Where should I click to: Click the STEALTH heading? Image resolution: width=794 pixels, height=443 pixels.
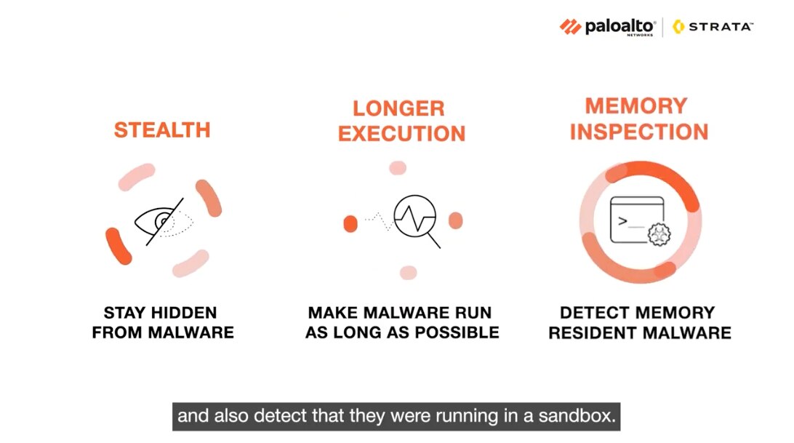[162, 130]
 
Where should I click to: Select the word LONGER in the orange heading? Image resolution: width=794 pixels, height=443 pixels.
[399, 108]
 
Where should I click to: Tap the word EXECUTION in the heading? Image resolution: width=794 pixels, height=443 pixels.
[401, 134]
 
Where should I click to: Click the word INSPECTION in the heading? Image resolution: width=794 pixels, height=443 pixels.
[639, 132]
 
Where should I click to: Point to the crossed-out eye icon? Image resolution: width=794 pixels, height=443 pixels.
[164, 221]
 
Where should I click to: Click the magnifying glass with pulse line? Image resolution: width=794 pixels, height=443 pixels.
[417, 220]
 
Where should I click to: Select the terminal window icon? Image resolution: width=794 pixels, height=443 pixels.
[637, 220]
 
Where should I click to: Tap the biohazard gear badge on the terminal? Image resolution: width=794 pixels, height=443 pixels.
[659, 234]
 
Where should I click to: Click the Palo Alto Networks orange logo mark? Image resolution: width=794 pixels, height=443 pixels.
[570, 27]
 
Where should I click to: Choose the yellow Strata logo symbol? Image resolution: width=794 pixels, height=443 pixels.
[678, 27]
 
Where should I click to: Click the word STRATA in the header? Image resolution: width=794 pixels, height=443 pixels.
[721, 27]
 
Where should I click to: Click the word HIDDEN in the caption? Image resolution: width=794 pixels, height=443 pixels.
[185, 313]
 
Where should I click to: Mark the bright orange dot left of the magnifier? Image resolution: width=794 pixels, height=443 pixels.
[350, 223]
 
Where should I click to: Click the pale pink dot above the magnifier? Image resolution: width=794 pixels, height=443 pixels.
[398, 168]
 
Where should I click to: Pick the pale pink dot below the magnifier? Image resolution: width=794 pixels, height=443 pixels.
[408, 273]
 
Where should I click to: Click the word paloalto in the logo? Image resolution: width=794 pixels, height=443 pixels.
[619, 26]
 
